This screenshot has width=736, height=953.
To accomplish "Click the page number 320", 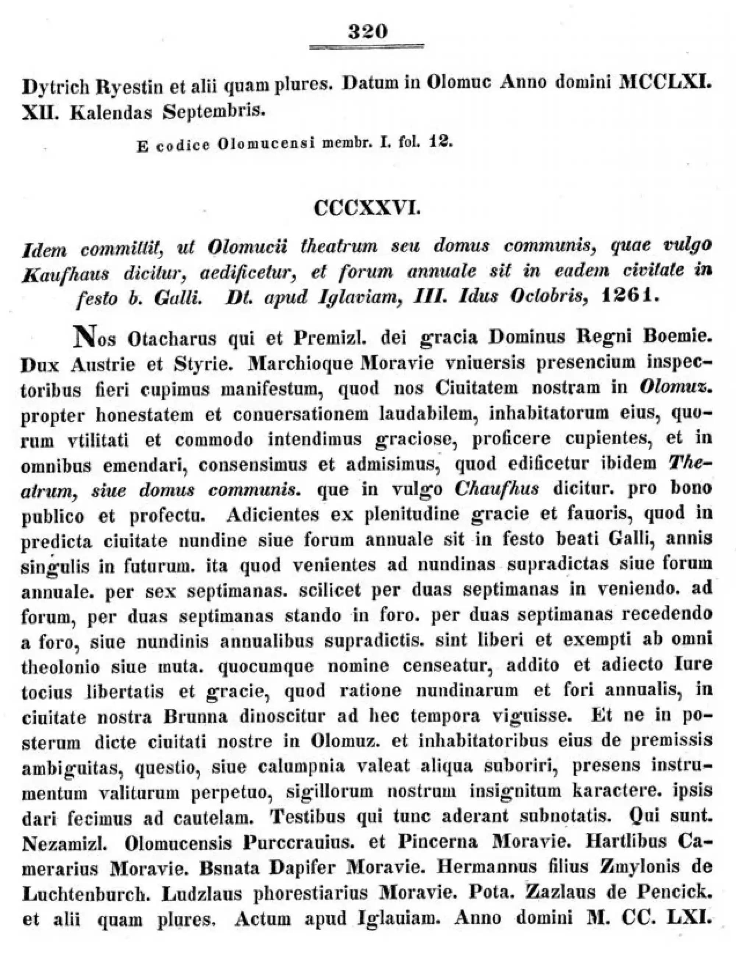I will [x=368, y=32].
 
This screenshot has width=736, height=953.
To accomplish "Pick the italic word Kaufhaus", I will [x=65, y=274].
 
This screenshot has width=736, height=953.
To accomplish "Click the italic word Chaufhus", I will [x=496, y=489].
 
